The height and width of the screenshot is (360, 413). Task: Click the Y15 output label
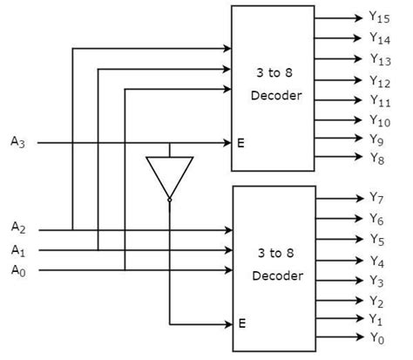tap(378, 17)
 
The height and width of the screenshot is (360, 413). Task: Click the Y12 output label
tap(378, 81)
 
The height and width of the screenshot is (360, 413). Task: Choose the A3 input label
tap(18, 141)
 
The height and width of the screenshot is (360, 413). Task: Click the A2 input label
tap(18, 228)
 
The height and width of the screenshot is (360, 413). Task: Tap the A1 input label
tap(18, 249)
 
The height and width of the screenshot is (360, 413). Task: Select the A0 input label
tap(18, 269)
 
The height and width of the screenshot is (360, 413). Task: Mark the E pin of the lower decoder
tap(241, 323)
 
